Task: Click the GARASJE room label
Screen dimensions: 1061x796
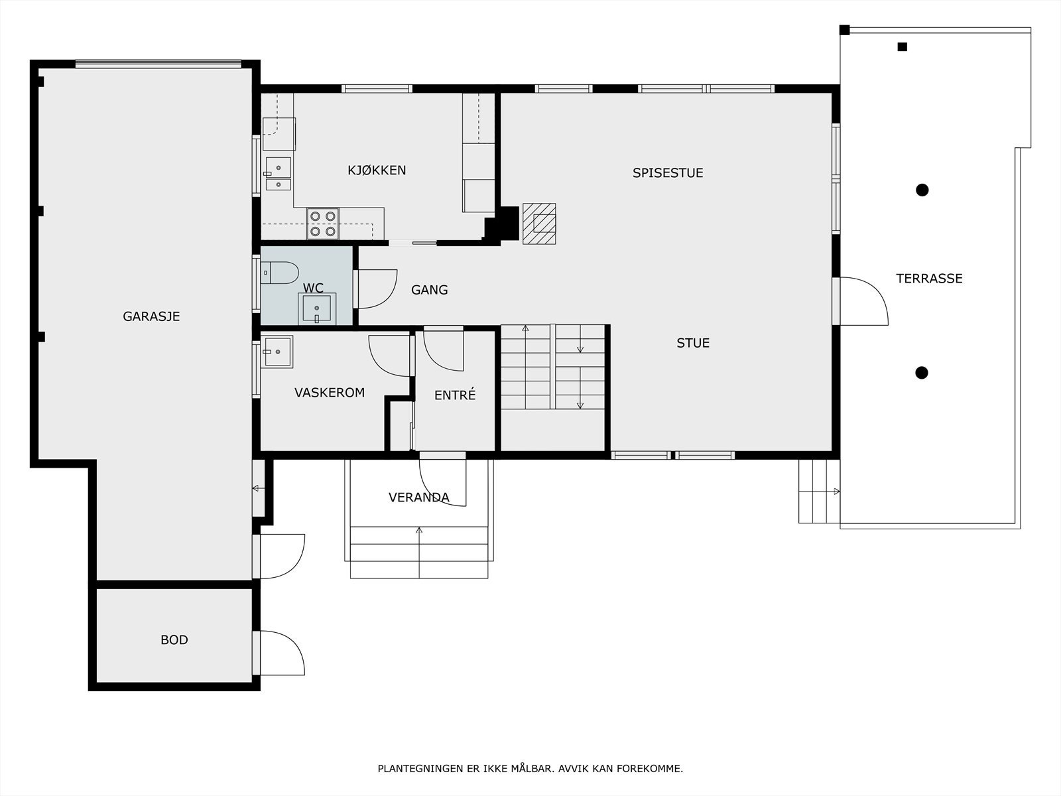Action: click(151, 316)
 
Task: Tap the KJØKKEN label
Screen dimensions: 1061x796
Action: click(377, 170)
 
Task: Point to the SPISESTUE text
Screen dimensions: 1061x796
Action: click(668, 173)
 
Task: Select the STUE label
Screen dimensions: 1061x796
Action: click(693, 343)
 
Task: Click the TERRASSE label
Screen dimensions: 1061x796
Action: click(930, 279)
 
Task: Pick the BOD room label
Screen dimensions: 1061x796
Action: click(174, 640)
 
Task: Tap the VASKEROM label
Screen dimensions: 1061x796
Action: click(330, 393)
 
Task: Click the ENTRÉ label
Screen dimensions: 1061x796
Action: click(455, 395)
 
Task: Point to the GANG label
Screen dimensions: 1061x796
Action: click(430, 290)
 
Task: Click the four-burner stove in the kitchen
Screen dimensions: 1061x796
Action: click(323, 224)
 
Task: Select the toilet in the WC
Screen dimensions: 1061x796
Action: click(279, 273)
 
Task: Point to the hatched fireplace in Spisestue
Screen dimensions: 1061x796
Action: click(539, 224)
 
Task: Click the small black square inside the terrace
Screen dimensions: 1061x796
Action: click(902, 47)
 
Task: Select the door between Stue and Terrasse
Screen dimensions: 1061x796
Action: click(860, 301)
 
